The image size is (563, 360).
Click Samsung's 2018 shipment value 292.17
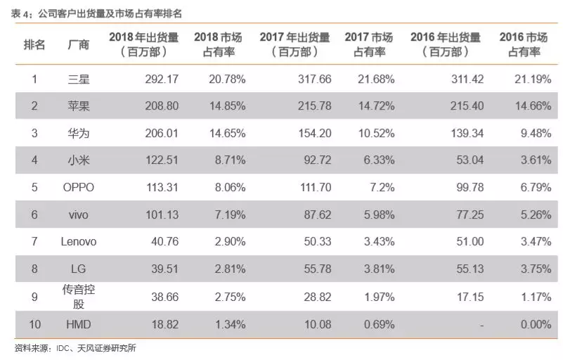(162, 79)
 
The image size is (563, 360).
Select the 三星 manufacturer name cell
(79, 79)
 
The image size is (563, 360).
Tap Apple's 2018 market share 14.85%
(228, 106)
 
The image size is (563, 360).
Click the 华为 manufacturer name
(79, 134)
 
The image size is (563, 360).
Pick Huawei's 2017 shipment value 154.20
(314, 134)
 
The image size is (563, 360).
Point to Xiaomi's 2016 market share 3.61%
(536, 160)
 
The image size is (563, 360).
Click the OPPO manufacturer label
(78, 187)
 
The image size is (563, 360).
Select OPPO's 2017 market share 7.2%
(382, 187)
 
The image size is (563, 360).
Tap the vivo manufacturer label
(79, 215)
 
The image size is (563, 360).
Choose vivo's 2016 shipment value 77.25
(470, 215)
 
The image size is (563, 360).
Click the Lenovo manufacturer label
(79, 241)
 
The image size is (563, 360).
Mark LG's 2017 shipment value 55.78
(318, 269)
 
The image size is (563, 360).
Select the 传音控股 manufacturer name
(79, 297)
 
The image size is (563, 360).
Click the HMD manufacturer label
(79, 324)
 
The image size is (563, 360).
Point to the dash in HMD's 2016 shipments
(481, 326)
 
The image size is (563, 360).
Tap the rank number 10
(34, 324)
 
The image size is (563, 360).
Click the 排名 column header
(34, 44)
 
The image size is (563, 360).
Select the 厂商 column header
(79, 44)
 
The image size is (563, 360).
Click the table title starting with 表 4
(96, 13)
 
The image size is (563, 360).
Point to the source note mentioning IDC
(75, 348)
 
